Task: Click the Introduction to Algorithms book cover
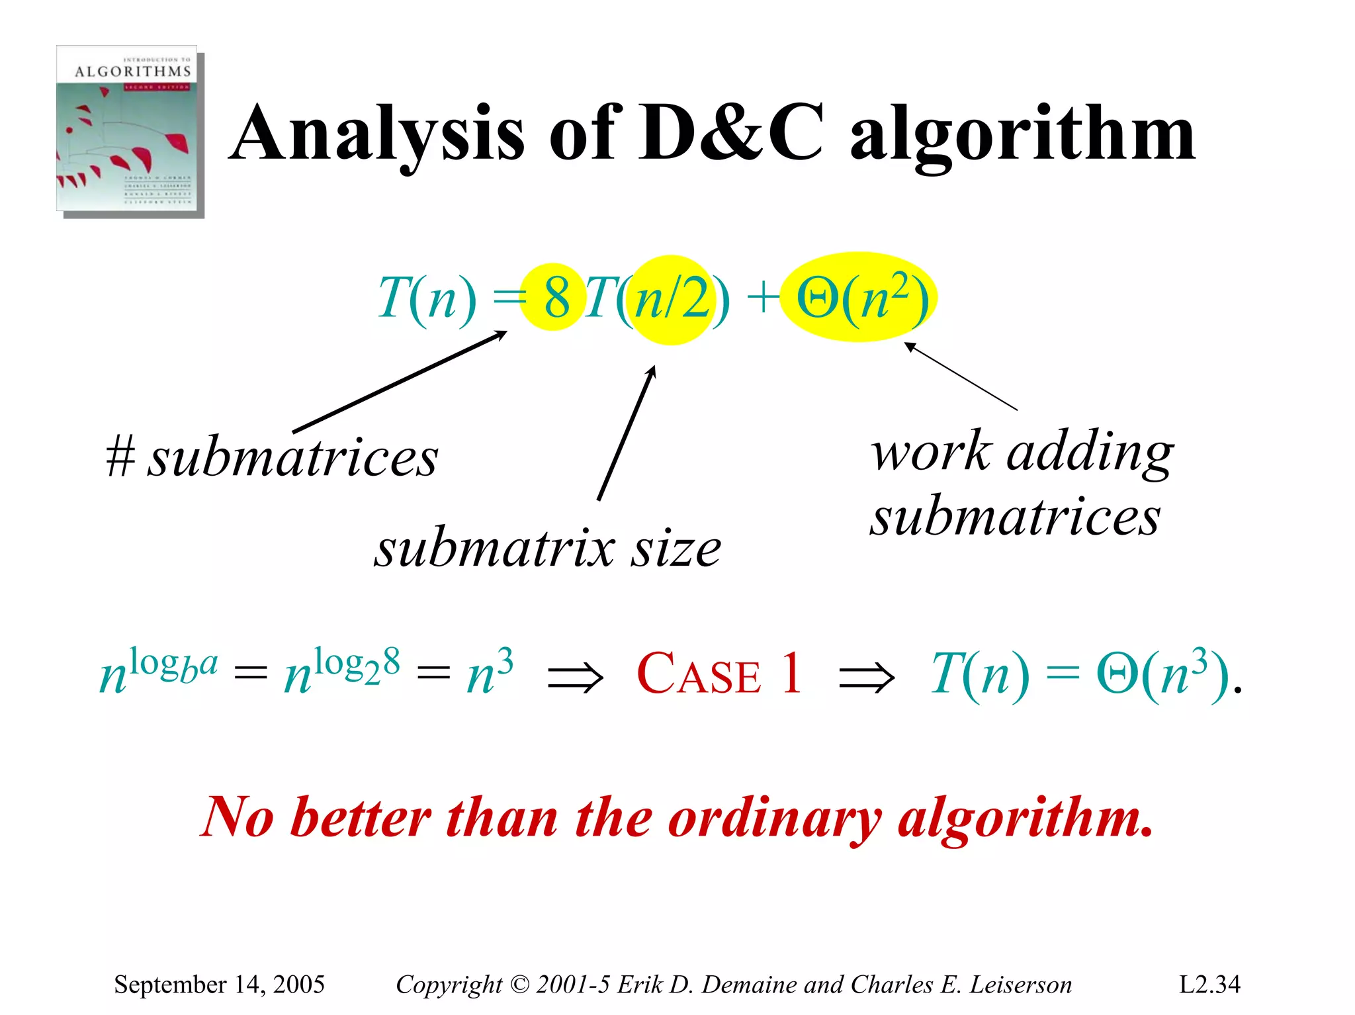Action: [x=130, y=130]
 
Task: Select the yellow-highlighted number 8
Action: [x=556, y=298]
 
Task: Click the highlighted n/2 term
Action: [x=671, y=300]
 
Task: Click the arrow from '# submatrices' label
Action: [x=400, y=382]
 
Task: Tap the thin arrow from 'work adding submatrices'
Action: [x=960, y=376]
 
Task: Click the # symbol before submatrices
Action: [x=120, y=457]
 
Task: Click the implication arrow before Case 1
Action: [x=576, y=678]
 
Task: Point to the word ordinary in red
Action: [x=774, y=819]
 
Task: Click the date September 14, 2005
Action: [x=219, y=985]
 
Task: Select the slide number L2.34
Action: [x=1209, y=985]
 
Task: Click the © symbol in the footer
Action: [x=520, y=985]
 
